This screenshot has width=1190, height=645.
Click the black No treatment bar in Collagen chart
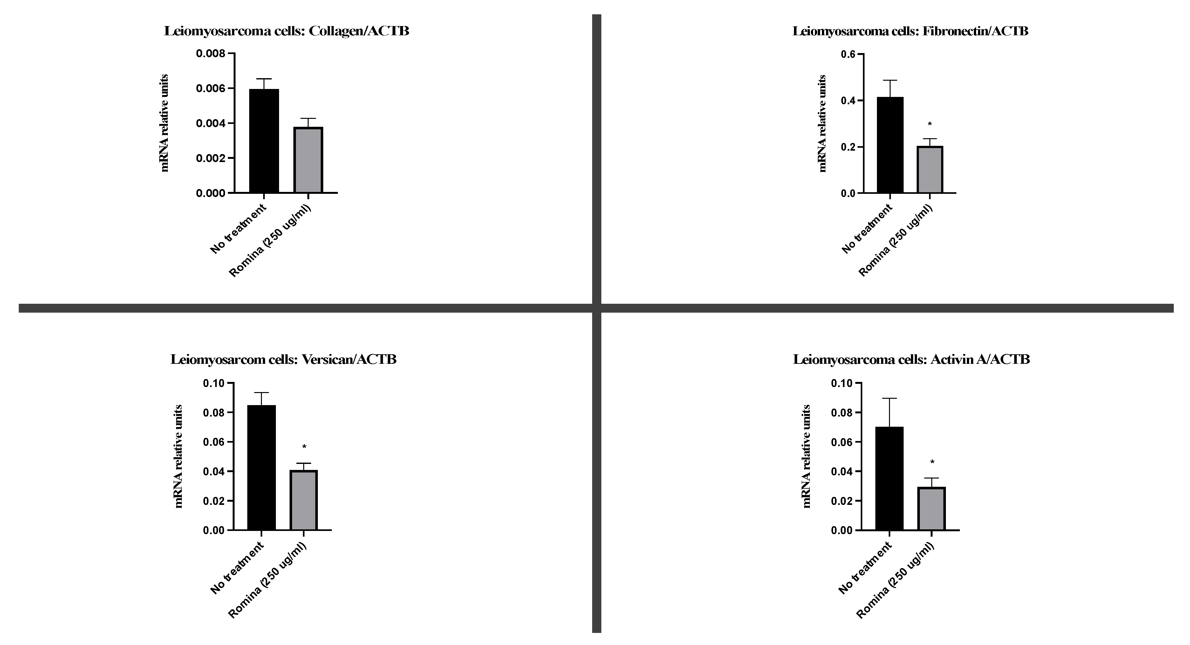264,141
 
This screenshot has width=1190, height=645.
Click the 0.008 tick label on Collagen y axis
211,54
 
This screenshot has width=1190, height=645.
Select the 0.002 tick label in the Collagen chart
211,158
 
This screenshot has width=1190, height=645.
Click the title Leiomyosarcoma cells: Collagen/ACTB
286,31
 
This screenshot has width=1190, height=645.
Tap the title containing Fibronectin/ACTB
910,31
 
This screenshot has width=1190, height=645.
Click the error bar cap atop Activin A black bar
889,398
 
